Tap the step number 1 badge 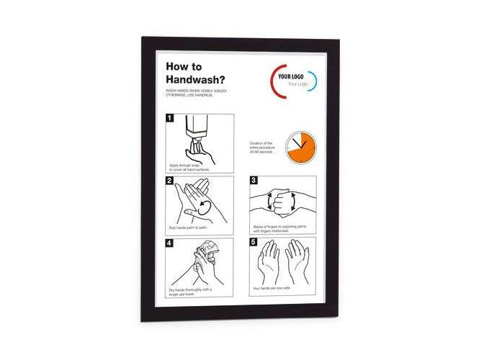[170, 117]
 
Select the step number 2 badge [170, 181]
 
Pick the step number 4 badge [170, 243]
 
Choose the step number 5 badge [254, 243]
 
